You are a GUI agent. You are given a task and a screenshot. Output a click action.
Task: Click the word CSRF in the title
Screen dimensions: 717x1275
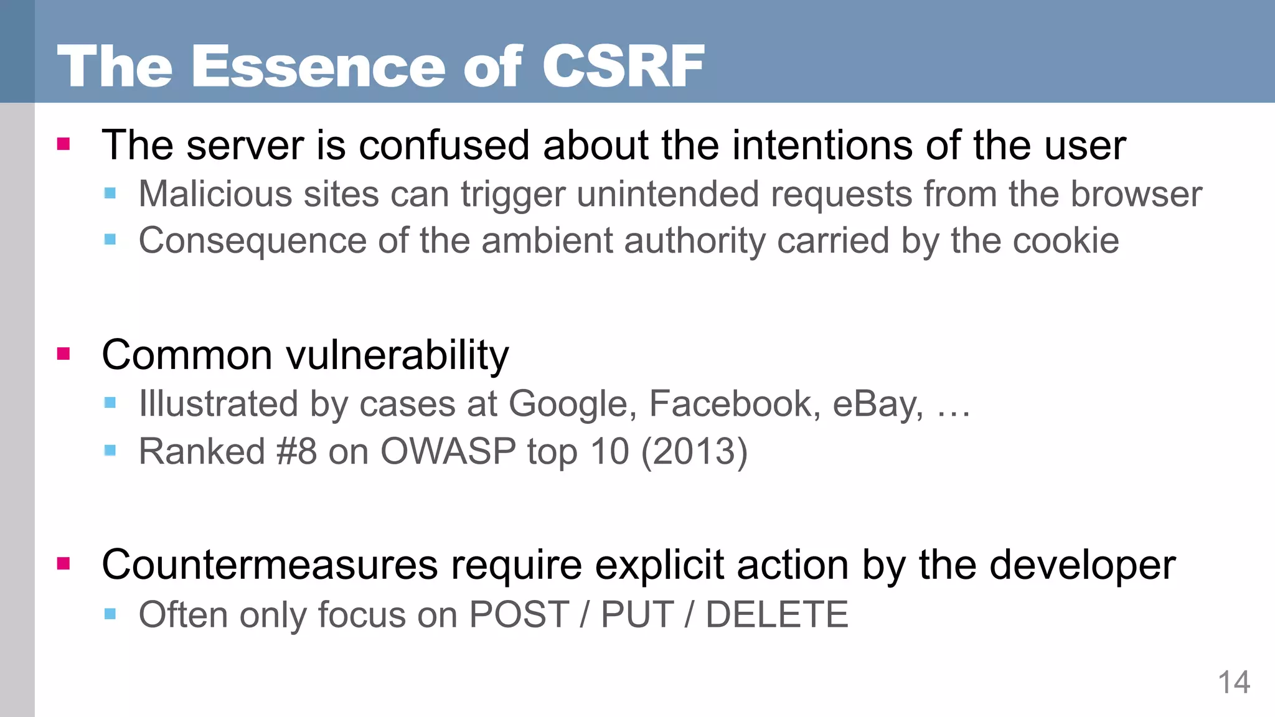623,66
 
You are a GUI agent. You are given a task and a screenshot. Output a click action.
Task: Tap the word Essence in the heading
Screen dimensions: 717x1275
318,66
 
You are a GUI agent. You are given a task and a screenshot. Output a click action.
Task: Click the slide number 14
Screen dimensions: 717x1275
1233,683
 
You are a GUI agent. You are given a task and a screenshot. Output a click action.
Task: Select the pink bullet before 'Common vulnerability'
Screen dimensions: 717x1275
64,354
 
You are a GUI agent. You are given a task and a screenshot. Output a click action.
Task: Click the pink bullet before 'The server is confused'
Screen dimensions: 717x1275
64,144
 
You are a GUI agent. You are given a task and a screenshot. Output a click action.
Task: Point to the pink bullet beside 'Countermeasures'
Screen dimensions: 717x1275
64,564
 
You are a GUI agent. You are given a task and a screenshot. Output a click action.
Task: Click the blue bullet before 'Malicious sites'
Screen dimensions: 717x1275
110,194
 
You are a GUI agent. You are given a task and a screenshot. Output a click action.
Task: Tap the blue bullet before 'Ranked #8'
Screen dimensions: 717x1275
110,450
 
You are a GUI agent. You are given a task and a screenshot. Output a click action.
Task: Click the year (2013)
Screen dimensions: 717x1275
694,451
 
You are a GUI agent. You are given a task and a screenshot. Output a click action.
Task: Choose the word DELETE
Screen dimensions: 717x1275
777,615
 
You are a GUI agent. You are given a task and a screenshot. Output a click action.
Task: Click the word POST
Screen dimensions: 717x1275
519,615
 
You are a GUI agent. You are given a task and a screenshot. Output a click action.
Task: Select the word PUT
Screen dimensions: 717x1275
637,615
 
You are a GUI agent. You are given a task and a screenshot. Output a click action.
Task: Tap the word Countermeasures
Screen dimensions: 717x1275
270,565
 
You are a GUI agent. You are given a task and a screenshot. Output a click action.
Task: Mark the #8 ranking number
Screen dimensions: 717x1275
297,451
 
